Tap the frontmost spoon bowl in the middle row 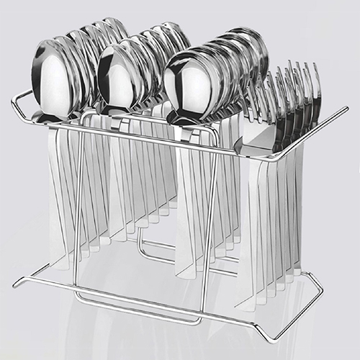tap(118, 78)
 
